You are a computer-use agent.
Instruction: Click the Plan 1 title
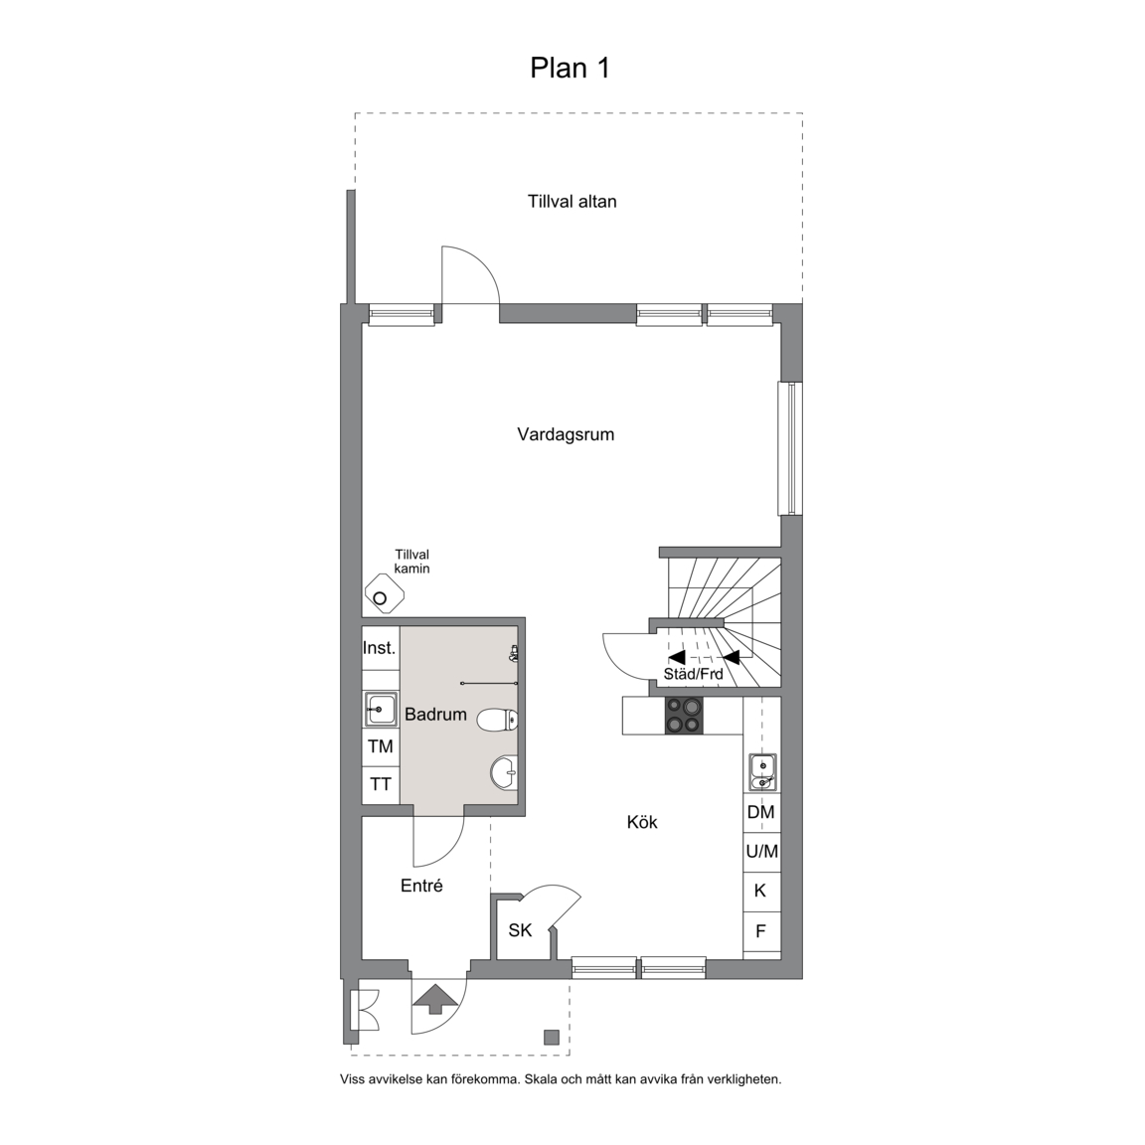point(570,68)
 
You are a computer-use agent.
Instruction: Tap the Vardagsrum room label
point(566,434)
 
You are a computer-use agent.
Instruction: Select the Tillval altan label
point(572,202)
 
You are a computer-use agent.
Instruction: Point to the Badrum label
point(435,715)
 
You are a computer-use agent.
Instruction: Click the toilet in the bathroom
point(497,720)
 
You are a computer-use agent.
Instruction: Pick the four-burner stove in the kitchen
point(684,716)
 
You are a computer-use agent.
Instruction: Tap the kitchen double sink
point(762,773)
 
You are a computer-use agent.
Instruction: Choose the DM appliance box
point(761,812)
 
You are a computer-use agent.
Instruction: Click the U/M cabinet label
point(761,852)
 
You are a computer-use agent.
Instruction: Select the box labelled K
point(761,891)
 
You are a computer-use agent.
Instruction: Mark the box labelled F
point(761,931)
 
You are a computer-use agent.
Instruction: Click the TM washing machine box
point(382,746)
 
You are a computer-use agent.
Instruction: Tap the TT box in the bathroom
point(382,785)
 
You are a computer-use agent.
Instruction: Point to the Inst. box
point(381,648)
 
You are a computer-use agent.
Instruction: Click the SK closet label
point(520,930)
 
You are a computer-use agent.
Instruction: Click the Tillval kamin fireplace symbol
point(384,593)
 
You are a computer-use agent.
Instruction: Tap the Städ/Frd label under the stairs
point(693,674)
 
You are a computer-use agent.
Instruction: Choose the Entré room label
point(421,886)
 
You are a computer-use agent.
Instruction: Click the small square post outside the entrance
point(552,1037)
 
